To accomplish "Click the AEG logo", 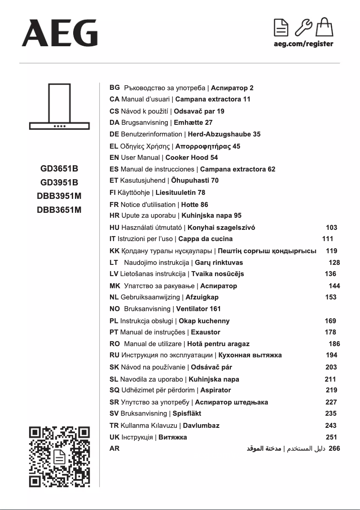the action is tap(59, 33).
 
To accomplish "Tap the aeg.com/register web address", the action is tap(303, 44).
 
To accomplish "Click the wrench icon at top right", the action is tap(303, 27).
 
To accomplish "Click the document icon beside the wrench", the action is tap(281, 27).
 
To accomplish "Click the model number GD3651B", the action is tap(59, 169).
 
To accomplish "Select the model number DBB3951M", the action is tap(59, 196).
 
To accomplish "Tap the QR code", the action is tap(59, 457).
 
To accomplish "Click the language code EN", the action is tap(114, 158).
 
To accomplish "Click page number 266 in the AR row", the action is tap(334, 448).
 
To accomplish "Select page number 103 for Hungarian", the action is tap(331, 228).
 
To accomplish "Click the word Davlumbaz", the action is tap(201, 426).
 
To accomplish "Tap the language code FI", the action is tap(113, 193).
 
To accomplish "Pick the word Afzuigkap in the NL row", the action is tap(202, 297).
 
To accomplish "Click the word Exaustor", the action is tap(206, 333).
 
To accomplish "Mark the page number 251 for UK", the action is tap(331, 437).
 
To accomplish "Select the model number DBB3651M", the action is tap(59, 209).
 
